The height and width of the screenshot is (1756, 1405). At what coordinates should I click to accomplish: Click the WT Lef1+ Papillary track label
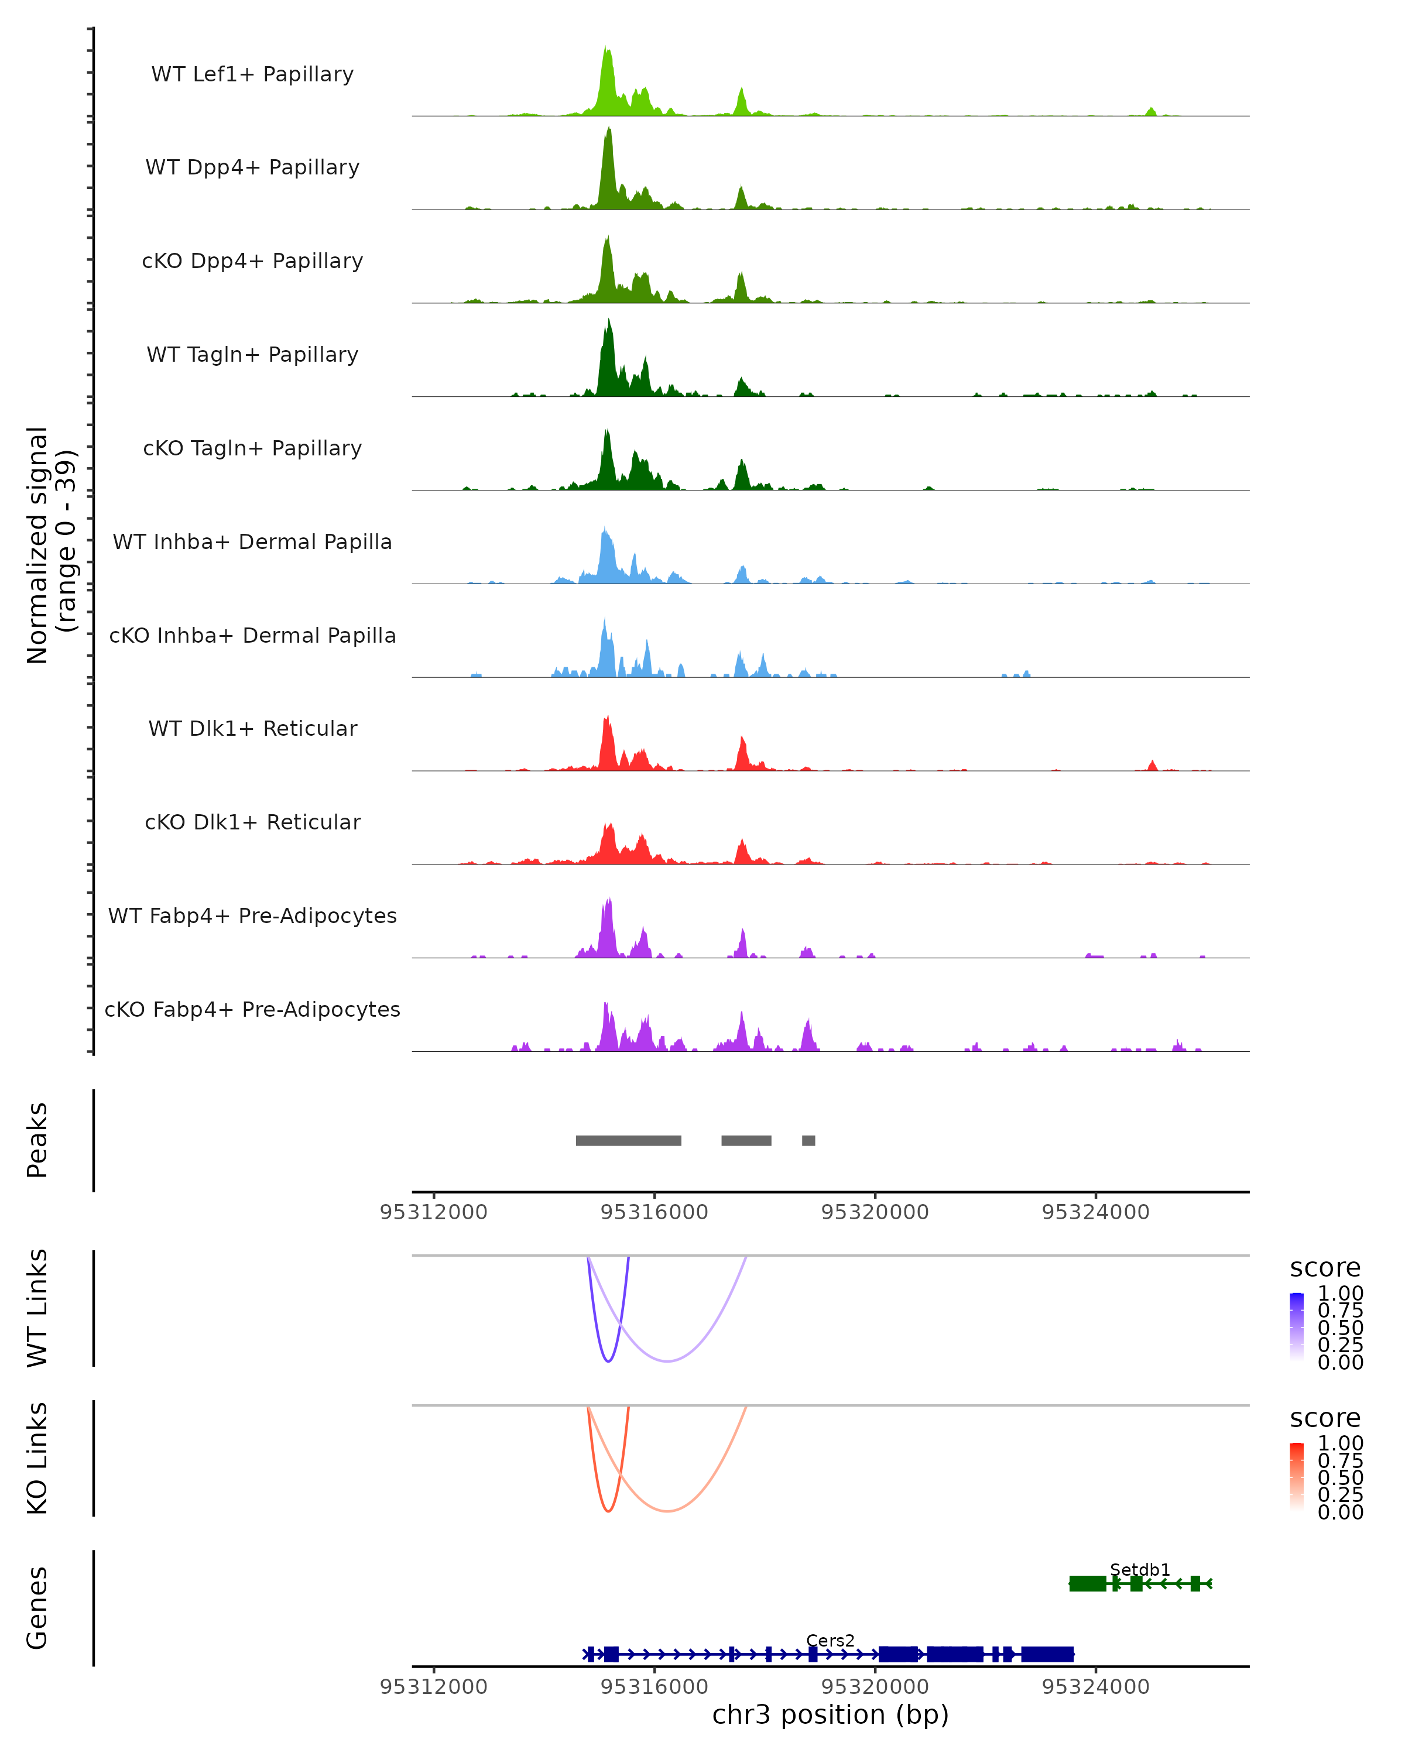(252, 74)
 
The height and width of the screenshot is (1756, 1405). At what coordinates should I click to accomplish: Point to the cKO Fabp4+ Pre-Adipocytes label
(252, 1009)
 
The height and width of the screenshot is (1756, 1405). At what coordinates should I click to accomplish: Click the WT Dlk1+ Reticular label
(252, 728)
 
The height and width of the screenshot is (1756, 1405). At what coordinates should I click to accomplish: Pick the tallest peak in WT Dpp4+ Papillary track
(608, 131)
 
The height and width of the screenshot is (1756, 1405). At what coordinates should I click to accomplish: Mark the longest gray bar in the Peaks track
(628, 1140)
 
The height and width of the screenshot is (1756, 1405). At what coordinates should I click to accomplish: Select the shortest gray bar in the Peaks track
(808, 1140)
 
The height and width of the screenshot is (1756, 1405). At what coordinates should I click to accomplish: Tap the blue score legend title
(1324, 1268)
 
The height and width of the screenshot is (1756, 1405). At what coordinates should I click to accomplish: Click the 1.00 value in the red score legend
(1340, 1443)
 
